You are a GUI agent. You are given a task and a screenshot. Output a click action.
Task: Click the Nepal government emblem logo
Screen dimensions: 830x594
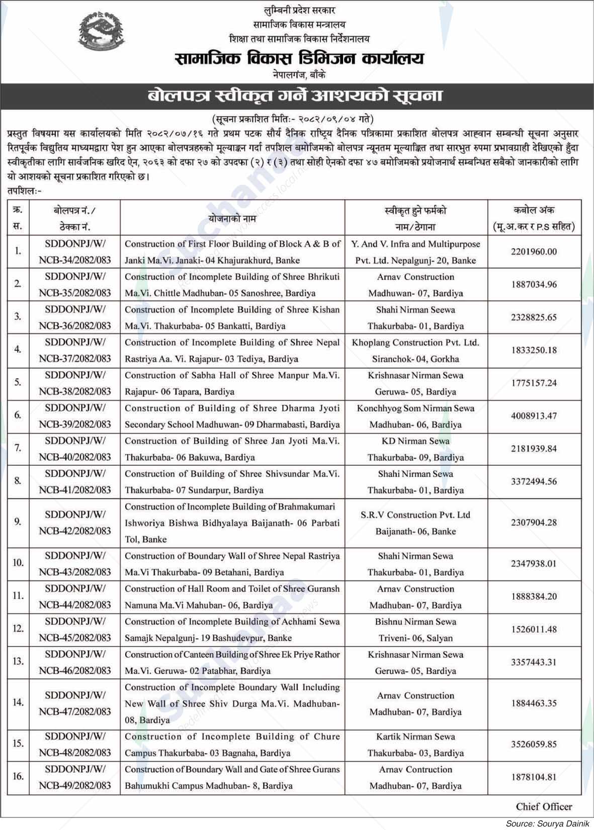pos(104,34)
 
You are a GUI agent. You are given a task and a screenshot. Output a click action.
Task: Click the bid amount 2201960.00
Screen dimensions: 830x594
pos(534,252)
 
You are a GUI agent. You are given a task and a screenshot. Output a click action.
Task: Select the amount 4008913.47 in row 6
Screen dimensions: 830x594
pos(534,416)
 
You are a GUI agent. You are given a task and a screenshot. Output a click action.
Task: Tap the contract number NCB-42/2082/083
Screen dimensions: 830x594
pos(75,531)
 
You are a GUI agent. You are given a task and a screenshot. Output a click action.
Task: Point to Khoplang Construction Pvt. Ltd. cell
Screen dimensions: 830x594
pos(415,351)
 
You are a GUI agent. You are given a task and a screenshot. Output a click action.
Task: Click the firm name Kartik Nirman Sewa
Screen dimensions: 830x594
pos(415,737)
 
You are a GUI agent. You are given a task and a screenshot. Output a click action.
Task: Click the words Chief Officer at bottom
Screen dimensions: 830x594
pos(544,806)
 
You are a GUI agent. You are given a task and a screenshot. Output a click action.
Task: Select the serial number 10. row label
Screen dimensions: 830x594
pos(18,563)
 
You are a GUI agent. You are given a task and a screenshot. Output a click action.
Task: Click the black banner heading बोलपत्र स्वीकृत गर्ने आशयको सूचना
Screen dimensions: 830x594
pos(297,95)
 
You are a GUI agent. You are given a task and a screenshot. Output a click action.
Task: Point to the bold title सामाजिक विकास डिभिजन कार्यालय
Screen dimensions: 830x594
pos(299,59)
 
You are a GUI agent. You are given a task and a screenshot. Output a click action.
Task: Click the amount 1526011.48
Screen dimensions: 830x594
pos(534,630)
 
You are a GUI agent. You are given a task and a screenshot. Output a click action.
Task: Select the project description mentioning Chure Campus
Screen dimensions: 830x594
pos(232,745)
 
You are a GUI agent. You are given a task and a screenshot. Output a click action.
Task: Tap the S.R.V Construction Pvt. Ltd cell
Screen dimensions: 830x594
pos(415,523)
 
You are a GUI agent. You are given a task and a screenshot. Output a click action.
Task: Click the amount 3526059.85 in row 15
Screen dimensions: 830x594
pos(534,745)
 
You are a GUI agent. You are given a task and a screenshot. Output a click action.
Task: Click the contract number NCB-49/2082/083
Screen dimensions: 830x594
pos(75,785)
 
